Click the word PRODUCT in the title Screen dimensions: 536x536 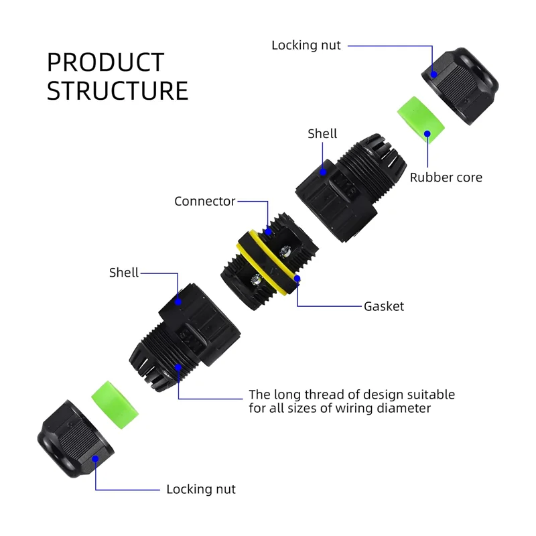pos(105,62)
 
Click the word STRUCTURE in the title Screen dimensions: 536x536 pos(117,91)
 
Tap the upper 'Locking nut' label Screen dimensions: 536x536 pos(306,46)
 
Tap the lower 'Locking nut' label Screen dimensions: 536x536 pos(201,489)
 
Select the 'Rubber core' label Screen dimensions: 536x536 pos(446,178)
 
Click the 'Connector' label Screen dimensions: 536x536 pos(204,201)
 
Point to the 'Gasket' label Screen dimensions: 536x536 pos(384,306)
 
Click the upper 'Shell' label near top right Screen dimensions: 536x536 pos(322,134)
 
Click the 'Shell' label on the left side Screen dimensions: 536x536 pos(124,273)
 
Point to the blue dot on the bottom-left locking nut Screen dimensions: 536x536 pos(96,460)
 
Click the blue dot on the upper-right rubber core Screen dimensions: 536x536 pos(427,134)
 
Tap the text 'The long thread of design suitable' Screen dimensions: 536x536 pos(351,395)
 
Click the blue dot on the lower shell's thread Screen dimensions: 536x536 pos(178,366)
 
